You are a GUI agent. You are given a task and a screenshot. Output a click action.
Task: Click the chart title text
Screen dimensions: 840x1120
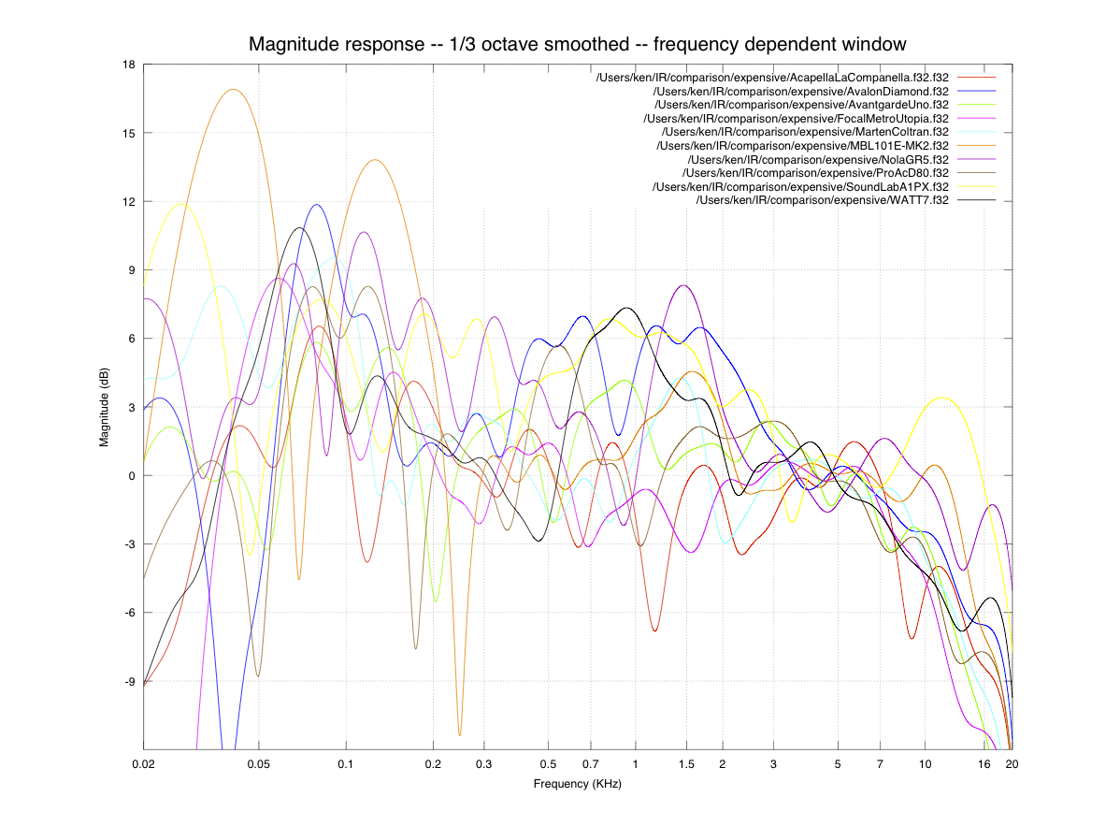(x=577, y=44)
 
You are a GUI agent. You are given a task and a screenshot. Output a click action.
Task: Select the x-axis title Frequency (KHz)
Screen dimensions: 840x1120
(x=577, y=784)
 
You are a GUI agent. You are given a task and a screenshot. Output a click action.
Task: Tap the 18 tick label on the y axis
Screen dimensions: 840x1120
(x=128, y=65)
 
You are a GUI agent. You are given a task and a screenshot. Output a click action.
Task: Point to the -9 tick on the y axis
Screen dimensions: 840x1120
(x=128, y=681)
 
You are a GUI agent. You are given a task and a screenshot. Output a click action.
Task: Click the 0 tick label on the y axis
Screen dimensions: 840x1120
(x=131, y=475)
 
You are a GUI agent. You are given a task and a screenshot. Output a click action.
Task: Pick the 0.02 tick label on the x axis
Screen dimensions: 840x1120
(x=144, y=763)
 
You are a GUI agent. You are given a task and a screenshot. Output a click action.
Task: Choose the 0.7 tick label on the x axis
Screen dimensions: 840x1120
(x=590, y=763)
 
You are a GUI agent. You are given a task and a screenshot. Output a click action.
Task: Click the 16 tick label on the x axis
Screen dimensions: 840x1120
(x=984, y=763)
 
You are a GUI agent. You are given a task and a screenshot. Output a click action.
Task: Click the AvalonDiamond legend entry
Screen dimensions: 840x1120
(x=801, y=92)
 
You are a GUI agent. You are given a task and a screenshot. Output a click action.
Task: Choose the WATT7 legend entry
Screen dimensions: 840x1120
(x=823, y=201)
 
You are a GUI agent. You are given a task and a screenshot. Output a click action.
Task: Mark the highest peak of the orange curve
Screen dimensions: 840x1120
(x=233, y=90)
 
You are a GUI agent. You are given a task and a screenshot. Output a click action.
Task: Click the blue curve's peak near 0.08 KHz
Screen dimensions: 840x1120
(x=318, y=205)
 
